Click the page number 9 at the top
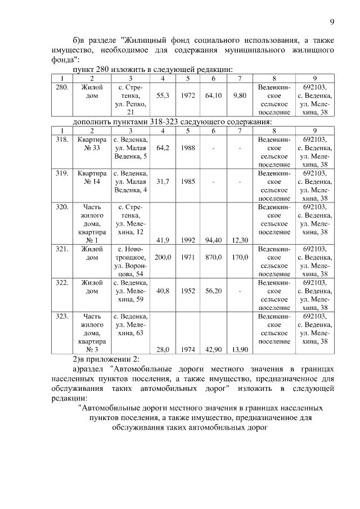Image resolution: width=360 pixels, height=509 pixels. (x=332, y=22)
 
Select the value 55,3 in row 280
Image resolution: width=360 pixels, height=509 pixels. (x=163, y=96)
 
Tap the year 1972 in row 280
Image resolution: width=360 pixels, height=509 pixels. (x=188, y=96)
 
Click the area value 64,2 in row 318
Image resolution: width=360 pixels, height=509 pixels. (x=163, y=148)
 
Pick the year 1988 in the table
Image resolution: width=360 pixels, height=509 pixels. (x=188, y=148)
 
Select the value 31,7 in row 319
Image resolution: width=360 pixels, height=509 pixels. (x=163, y=182)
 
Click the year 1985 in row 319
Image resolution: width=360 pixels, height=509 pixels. (x=188, y=182)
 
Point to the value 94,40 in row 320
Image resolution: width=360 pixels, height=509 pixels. (x=214, y=240)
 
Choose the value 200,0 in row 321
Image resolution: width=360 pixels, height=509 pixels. (x=163, y=257)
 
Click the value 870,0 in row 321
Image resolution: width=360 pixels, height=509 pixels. (x=214, y=257)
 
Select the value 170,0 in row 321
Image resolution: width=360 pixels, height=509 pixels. (x=240, y=257)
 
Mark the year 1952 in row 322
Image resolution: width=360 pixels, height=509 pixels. (x=188, y=291)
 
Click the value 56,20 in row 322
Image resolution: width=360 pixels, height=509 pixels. (x=214, y=291)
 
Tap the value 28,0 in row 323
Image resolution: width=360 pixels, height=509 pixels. (x=163, y=349)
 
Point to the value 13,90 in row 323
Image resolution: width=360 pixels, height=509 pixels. (x=240, y=349)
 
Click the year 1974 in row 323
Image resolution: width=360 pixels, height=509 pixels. (x=188, y=349)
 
